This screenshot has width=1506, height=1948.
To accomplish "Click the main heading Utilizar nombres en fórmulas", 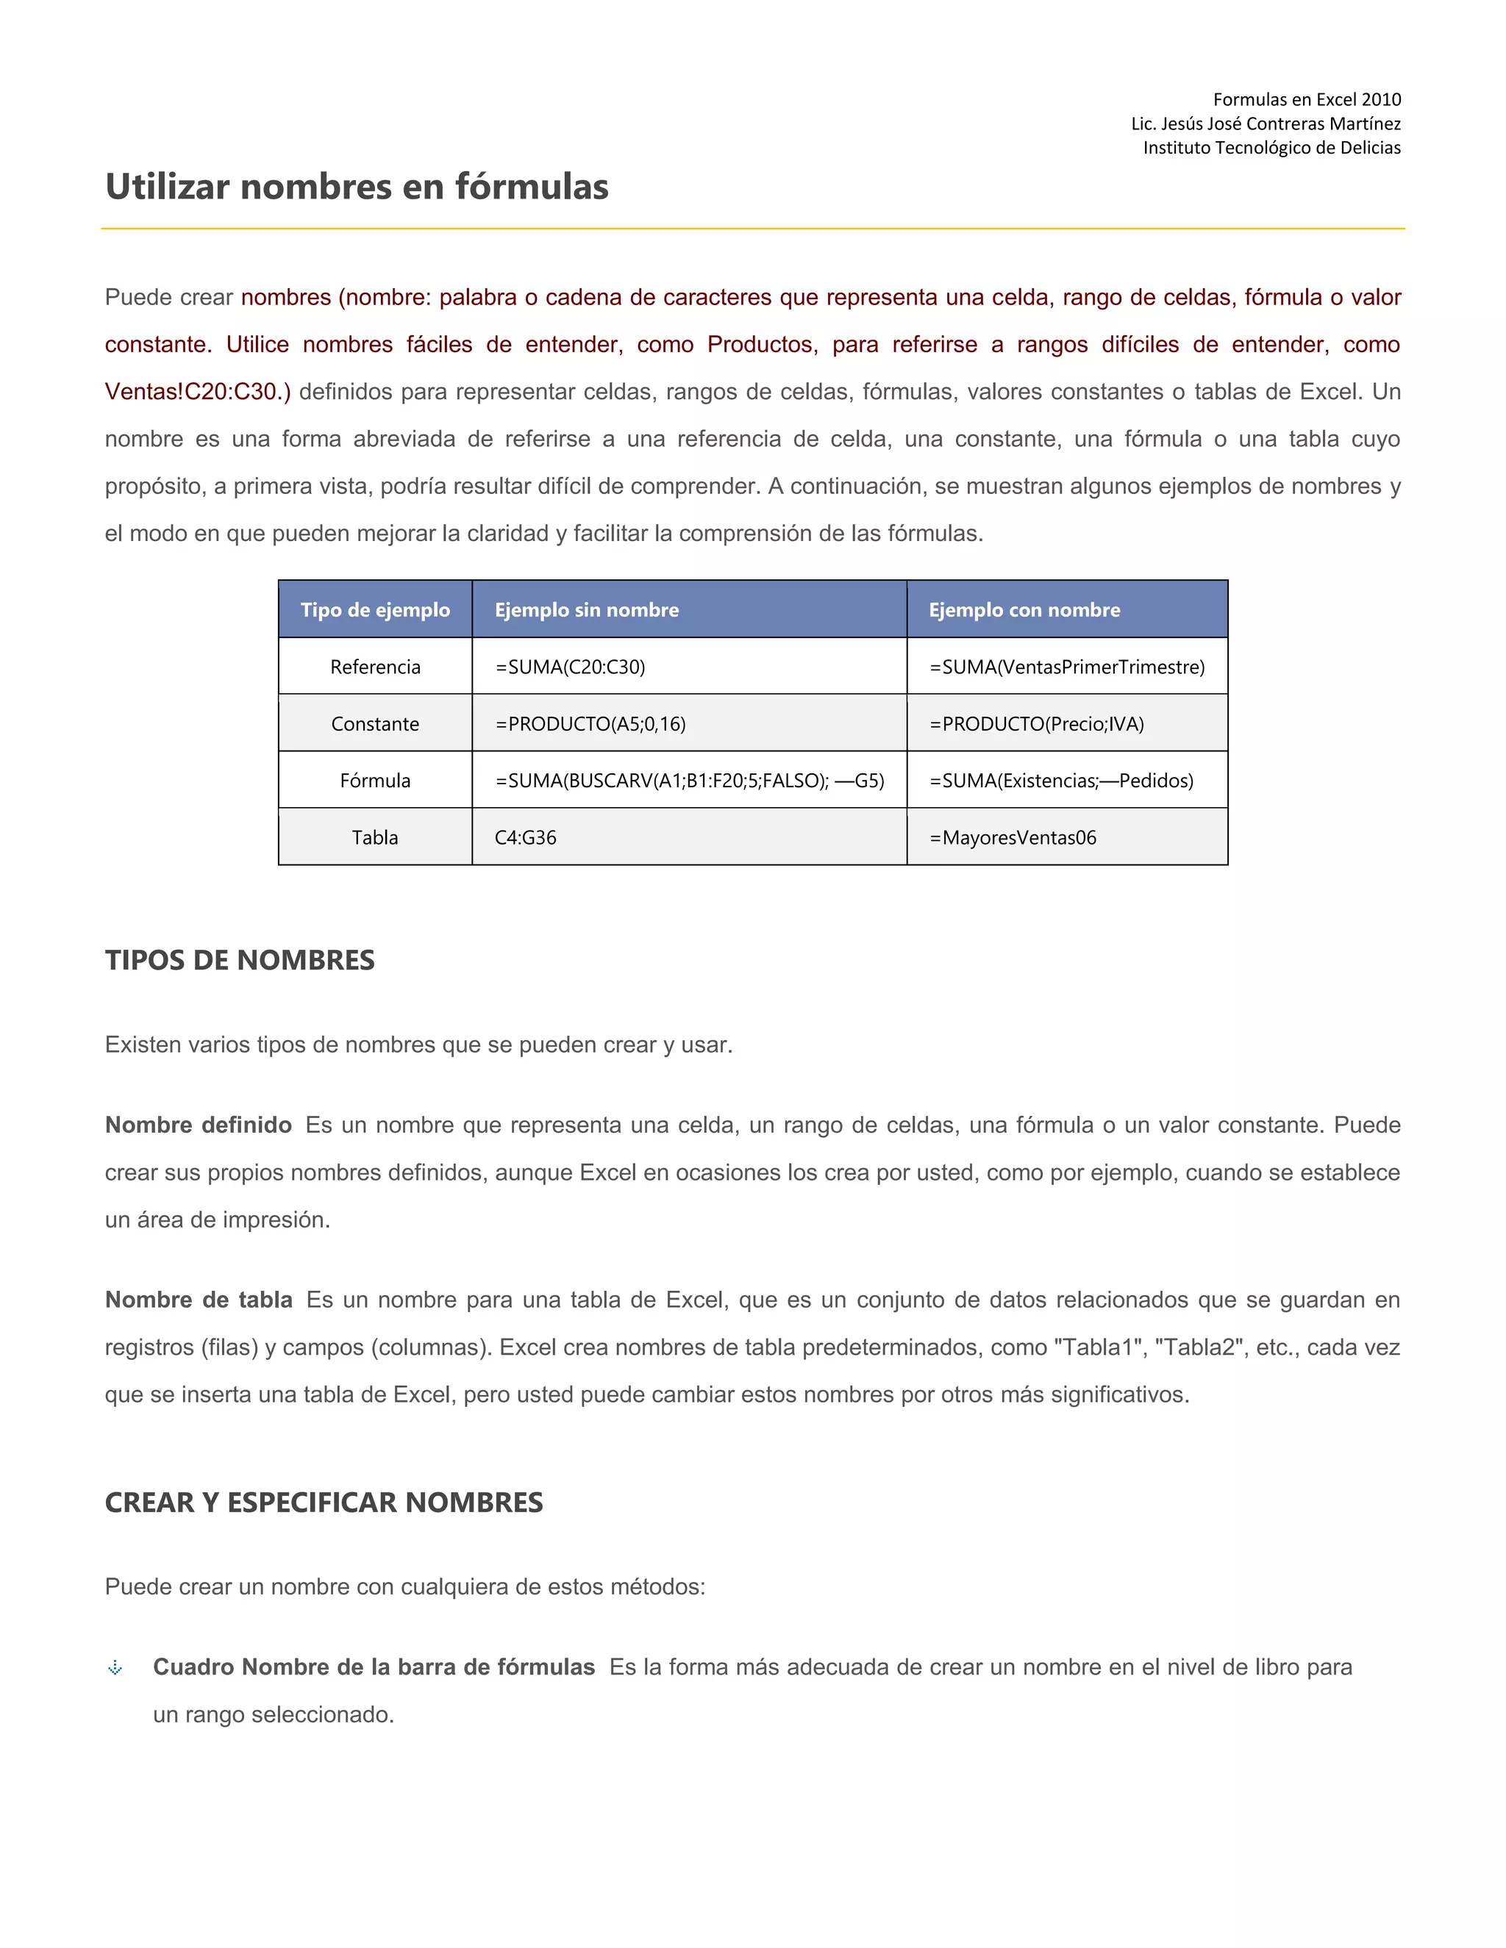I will [x=357, y=187].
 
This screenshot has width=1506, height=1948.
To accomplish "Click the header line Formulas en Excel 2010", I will [x=1306, y=100].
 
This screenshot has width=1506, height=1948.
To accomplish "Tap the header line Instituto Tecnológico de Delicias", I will [x=1271, y=148].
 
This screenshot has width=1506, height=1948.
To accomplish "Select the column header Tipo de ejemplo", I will [x=375, y=610].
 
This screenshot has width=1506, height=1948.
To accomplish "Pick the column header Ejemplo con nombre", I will [x=1024, y=610].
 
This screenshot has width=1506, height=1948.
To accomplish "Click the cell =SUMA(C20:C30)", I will [x=570, y=667].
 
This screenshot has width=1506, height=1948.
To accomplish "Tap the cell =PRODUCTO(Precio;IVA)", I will [x=1036, y=724].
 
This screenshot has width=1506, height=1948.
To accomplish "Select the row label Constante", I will [x=375, y=724].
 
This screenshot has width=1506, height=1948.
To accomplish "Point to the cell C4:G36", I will [x=526, y=837].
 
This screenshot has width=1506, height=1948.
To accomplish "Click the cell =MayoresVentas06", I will [x=1013, y=837].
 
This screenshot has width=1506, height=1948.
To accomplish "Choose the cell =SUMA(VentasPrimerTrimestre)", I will [x=1066, y=667].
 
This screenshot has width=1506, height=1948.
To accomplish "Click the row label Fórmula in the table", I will [x=375, y=781].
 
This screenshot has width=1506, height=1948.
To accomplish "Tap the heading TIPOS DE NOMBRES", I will [x=239, y=961].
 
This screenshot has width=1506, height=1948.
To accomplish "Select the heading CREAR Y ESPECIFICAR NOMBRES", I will [x=324, y=1503].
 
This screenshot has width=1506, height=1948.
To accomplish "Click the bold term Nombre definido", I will [x=198, y=1125].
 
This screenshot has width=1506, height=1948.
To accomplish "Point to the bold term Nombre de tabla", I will [x=198, y=1300].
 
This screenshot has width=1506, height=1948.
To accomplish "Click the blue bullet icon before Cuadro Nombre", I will [x=115, y=1668].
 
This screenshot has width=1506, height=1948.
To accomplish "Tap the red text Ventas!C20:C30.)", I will [x=197, y=393].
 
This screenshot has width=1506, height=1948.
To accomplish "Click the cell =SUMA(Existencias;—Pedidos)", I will [x=1061, y=781].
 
